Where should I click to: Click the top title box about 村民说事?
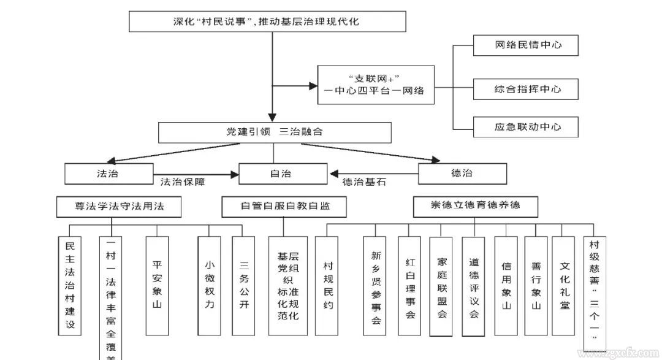pos(267,21)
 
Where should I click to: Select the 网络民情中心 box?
pos(527,45)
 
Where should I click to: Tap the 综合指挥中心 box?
pos(527,89)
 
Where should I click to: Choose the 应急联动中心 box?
pos(527,127)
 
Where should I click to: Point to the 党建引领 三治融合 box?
pos(275,132)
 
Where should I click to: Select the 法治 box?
pos(108,173)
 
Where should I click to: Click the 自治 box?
pos(280,173)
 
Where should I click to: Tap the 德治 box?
pos(462,173)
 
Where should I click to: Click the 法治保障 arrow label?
pos(183,182)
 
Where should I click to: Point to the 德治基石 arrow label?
pos(364,182)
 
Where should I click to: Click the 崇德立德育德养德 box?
pos(475,206)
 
